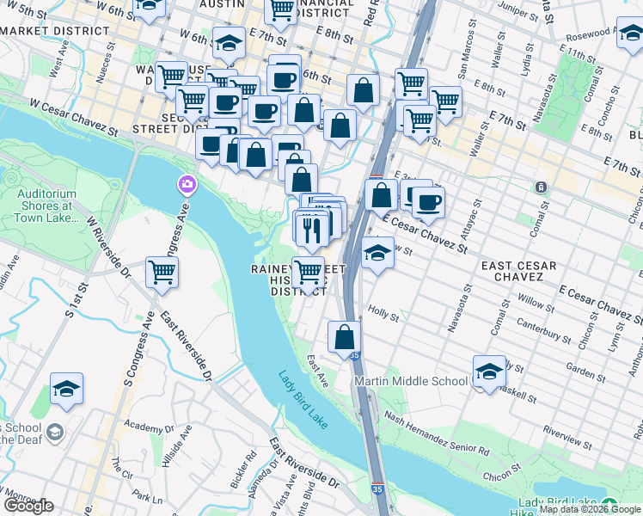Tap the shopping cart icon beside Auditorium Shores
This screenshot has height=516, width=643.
coord(162,272)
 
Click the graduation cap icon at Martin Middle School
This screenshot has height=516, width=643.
coord(489,372)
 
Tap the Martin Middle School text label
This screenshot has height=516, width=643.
coord(413,381)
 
